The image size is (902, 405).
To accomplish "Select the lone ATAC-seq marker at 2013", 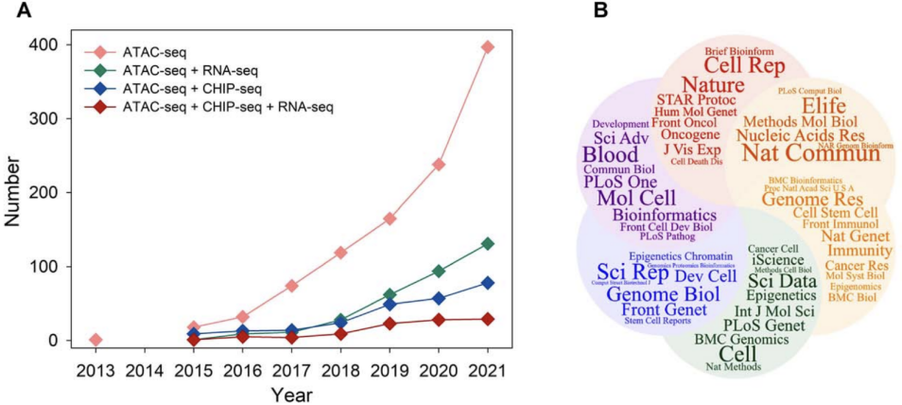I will [x=95, y=340].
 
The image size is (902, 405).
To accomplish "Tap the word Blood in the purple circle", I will [x=610, y=154].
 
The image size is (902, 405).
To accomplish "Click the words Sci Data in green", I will [x=782, y=279].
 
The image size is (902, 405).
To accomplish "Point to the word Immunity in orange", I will [x=859, y=251].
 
